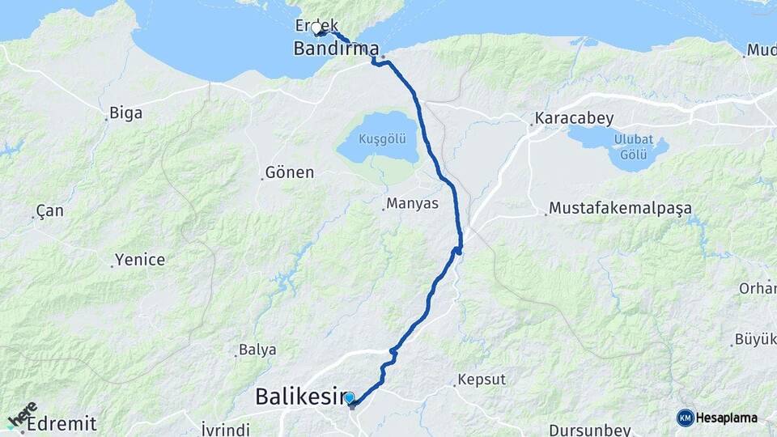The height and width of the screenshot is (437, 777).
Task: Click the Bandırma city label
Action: pos(336,49)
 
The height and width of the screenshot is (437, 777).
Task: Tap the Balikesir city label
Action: pos(299,397)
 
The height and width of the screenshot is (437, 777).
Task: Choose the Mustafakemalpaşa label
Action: pos(620,209)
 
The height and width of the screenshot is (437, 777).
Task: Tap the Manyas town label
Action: pos(412,203)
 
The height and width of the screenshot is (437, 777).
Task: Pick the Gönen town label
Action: pos(290,172)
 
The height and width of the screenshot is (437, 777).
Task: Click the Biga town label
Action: pos(125,113)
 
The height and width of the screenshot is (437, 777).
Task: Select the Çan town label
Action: pos(49,210)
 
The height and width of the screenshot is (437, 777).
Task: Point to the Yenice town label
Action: pos(140,260)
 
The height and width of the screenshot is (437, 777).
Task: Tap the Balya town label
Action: pos(257,350)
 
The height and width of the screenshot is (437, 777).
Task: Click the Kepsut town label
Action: pos(482,380)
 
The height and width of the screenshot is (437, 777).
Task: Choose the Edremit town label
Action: pos(62,424)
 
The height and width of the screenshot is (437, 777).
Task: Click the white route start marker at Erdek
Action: pos(316,28)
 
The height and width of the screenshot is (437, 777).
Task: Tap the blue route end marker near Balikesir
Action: pos(350,398)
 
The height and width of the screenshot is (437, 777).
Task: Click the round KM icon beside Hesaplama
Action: pos(686,418)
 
